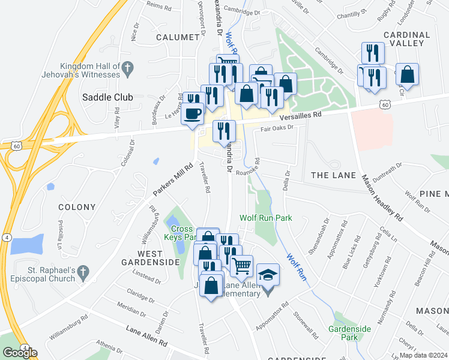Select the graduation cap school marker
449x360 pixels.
268,277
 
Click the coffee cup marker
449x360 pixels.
193,112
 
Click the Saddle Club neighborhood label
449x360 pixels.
103,97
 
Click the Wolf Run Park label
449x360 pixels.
266,218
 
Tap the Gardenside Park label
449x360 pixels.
349,334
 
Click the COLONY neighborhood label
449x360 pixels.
77,207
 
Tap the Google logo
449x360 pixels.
20,353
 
